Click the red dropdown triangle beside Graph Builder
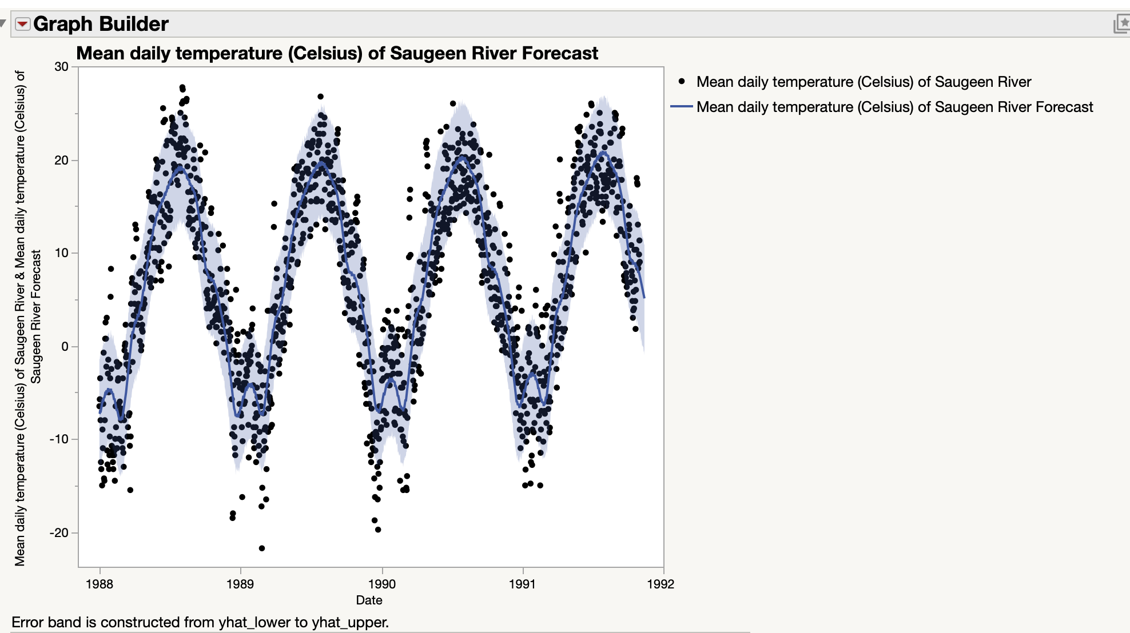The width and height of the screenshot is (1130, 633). click(x=22, y=24)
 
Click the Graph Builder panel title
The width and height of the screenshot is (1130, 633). click(x=101, y=24)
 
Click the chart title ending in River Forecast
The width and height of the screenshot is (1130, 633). click(x=337, y=53)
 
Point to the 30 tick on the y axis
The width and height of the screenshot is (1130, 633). click(x=61, y=67)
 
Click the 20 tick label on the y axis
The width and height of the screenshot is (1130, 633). click(x=61, y=161)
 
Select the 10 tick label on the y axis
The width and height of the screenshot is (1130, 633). click(x=61, y=253)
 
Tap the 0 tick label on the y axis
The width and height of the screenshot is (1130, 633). click(x=65, y=346)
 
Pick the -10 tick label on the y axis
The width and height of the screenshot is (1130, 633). click(x=59, y=439)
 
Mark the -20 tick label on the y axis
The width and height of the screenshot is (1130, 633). click(x=59, y=533)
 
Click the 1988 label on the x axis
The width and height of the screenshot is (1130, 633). click(x=100, y=584)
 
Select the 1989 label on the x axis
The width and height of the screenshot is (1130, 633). click(x=240, y=584)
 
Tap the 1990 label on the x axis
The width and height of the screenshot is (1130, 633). click(x=381, y=584)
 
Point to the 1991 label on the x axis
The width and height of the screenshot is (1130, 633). click(x=522, y=584)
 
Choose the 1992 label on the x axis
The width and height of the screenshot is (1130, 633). click(x=661, y=584)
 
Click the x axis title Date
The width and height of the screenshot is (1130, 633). click(x=369, y=600)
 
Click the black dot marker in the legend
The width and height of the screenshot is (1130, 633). click(x=682, y=82)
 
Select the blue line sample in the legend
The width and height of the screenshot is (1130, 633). click(x=681, y=107)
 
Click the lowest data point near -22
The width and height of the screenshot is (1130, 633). click(x=262, y=548)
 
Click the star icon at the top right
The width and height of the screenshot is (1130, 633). click(x=1122, y=23)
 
